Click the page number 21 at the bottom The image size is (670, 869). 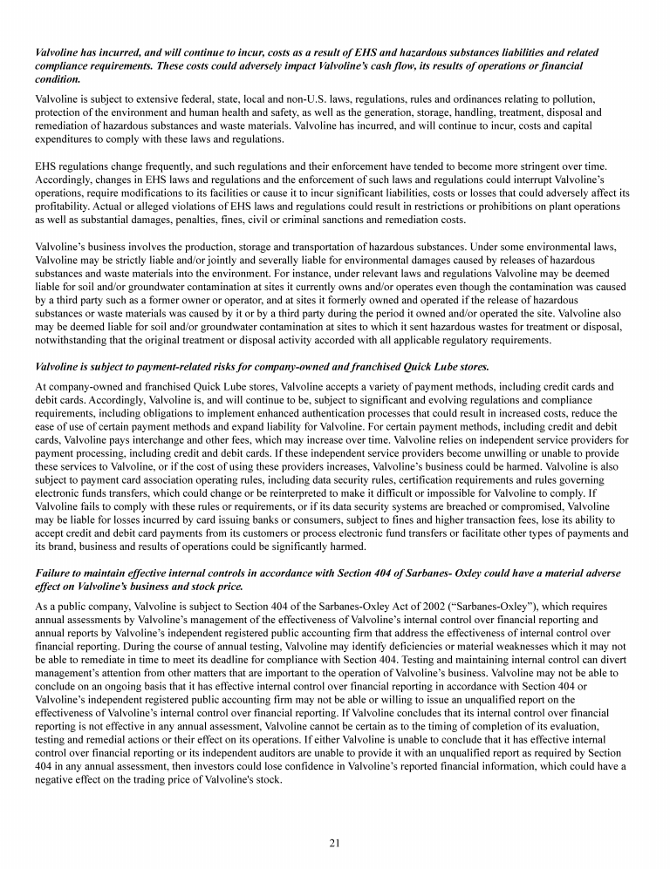(334, 842)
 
